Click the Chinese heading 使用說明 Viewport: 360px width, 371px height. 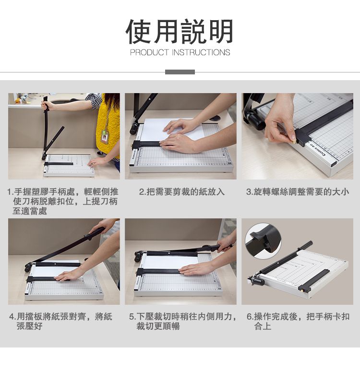pyautogui.click(x=180, y=32)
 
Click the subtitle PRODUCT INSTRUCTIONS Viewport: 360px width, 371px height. pyautogui.click(x=180, y=52)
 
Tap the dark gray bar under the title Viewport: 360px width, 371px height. pyautogui.click(x=180, y=72)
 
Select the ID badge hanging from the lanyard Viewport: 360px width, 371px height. pyautogui.click(x=104, y=136)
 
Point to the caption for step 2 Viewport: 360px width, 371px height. pyautogui.click(x=182, y=191)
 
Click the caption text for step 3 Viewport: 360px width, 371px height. pyautogui.click(x=298, y=191)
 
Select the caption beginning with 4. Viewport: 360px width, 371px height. pyautogui.click(x=61, y=321)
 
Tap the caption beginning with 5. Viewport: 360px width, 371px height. pyautogui.click(x=183, y=321)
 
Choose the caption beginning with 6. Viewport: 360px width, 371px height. pyautogui.click(x=298, y=321)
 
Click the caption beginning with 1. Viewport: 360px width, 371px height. pyautogui.click(x=63, y=201)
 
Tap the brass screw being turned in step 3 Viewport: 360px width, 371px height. pyautogui.click(x=294, y=142)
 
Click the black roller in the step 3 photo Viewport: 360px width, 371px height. pyautogui.click(x=255, y=120)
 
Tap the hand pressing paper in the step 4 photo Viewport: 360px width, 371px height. pyautogui.click(x=68, y=275)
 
